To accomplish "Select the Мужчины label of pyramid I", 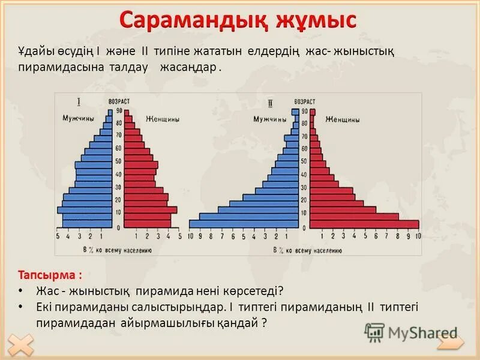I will tap(78, 118).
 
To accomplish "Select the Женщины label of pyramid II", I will tap(343, 119).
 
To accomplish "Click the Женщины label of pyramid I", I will tap(163, 119).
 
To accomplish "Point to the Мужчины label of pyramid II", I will tap(269, 119).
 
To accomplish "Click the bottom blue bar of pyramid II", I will tap(244, 224).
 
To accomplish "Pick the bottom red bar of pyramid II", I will tap(359, 224).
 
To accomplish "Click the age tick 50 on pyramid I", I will tap(119, 161).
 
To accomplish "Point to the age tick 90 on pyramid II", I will tap(304, 112).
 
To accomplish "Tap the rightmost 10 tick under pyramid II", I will tap(418, 236).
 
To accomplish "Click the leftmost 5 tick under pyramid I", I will tap(58, 236).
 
